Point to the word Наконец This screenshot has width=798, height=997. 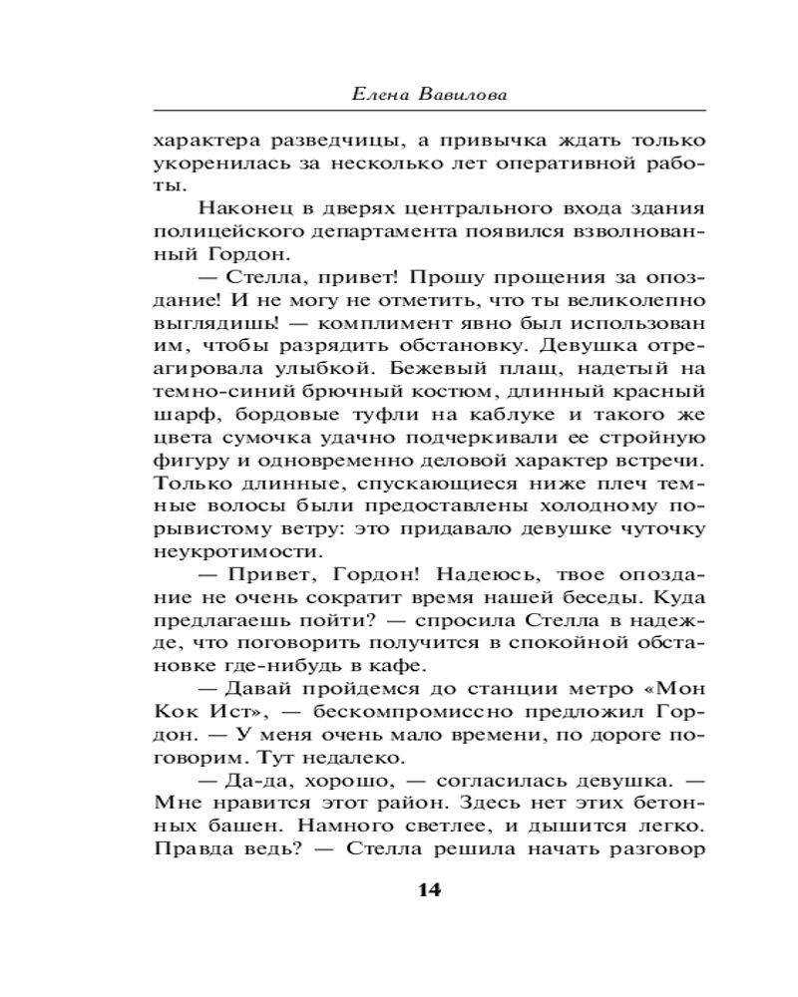coord(238,208)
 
